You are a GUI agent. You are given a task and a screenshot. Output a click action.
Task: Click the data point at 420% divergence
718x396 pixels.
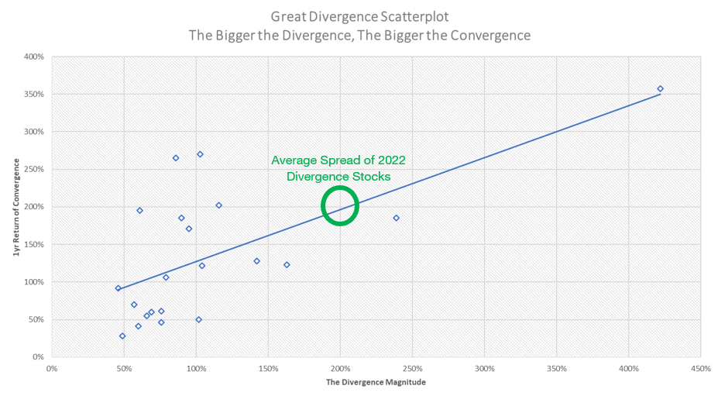[x=660, y=88]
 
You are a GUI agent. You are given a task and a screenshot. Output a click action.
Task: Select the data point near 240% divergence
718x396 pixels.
[x=396, y=218]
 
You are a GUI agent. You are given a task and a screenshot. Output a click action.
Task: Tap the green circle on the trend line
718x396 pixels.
[x=340, y=206]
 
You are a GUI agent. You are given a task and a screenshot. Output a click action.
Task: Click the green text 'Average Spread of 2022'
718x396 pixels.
[x=338, y=160]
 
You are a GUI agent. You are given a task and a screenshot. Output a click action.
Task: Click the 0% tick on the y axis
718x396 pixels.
[x=36, y=357]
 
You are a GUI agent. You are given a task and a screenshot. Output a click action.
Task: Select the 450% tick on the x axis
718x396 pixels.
[x=700, y=369]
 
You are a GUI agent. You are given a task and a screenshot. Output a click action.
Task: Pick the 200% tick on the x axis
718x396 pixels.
[x=340, y=369]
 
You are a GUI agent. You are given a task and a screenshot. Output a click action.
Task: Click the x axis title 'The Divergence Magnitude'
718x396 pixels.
[x=376, y=383]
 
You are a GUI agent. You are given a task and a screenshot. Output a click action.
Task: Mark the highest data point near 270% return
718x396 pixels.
[x=200, y=154]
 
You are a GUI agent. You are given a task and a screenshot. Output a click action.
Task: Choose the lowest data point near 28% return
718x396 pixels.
[x=122, y=336]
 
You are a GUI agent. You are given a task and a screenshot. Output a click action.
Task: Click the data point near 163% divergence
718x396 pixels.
[x=287, y=265]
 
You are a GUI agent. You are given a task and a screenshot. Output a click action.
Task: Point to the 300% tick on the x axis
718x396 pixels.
[x=484, y=369]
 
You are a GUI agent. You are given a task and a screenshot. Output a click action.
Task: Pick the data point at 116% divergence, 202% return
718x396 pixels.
[x=218, y=205]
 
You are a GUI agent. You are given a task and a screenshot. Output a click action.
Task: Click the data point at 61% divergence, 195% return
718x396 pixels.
[x=139, y=210]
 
